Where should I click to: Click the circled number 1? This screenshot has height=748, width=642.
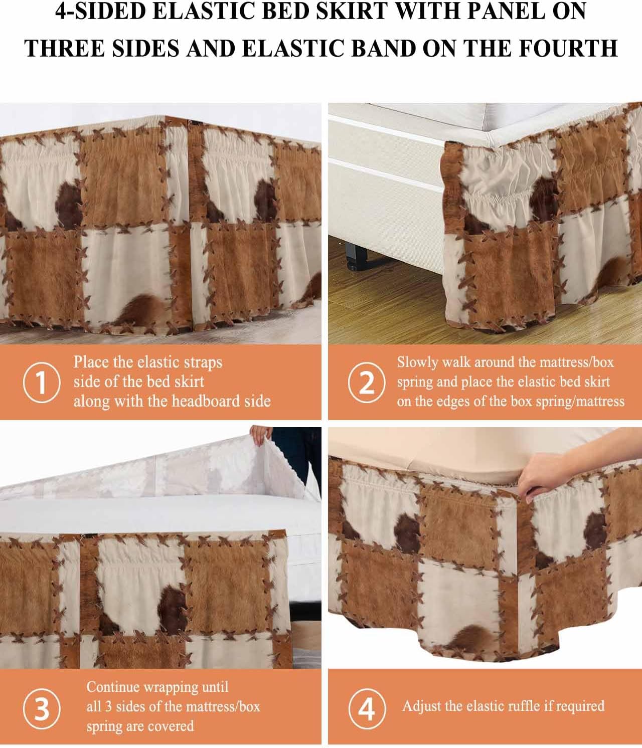(x=42, y=383)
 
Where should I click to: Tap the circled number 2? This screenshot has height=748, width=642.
(x=367, y=383)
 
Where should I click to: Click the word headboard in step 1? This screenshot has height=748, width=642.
(x=204, y=401)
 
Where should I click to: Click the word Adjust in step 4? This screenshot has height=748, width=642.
(x=422, y=706)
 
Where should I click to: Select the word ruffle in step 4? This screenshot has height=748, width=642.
(x=519, y=706)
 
